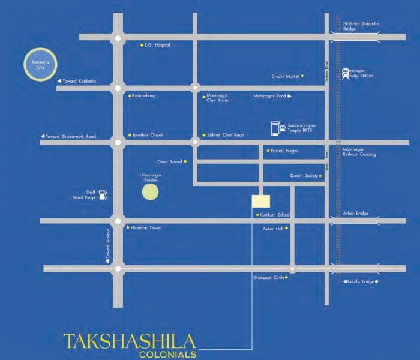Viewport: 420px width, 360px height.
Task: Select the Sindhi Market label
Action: tap(285, 76)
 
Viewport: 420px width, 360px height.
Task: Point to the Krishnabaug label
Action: tap(145, 95)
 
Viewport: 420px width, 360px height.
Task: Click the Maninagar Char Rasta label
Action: tap(217, 97)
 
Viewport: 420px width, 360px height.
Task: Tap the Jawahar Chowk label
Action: tap(148, 135)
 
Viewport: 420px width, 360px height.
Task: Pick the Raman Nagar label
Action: tap(284, 150)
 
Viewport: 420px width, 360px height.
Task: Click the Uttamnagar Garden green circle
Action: tap(150, 193)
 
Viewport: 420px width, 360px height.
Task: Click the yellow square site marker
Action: tap(261, 202)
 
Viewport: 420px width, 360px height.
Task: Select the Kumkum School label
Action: tap(275, 215)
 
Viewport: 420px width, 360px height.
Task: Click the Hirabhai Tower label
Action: tap(146, 228)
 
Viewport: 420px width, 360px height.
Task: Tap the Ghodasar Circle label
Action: tap(267, 278)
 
